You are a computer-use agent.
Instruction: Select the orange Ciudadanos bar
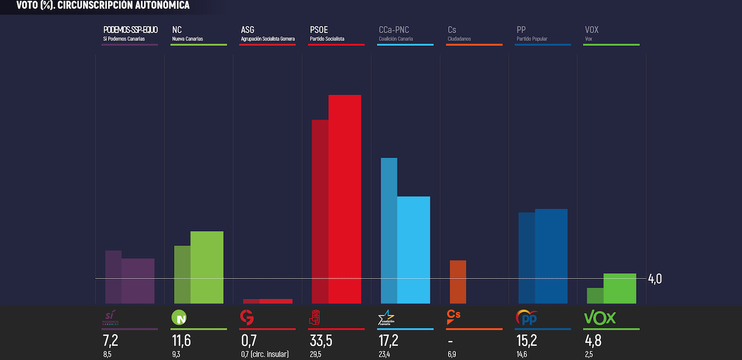458,282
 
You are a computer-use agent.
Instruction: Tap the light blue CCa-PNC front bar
414,250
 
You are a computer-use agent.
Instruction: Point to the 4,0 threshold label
655,279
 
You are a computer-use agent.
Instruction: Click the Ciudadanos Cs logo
453,317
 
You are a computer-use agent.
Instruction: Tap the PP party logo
526,317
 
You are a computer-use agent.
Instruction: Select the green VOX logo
599,318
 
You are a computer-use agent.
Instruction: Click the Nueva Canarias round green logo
178,318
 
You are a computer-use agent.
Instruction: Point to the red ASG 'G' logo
247,317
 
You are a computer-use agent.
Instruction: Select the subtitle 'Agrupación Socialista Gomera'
268,39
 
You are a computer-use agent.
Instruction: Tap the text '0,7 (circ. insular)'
265,354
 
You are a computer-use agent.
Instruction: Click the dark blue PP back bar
526,258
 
